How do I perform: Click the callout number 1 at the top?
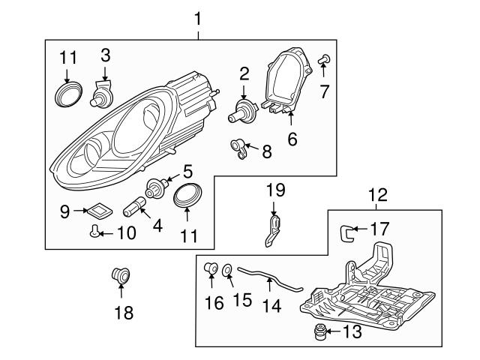click(x=198, y=15)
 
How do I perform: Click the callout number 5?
click(x=187, y=172)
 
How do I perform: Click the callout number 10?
click(x=126, y=232)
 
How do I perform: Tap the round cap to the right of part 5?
click(x=186, y=196)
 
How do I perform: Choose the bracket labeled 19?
click(x=274, y=230)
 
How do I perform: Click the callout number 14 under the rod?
click(x=269, y=307)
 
